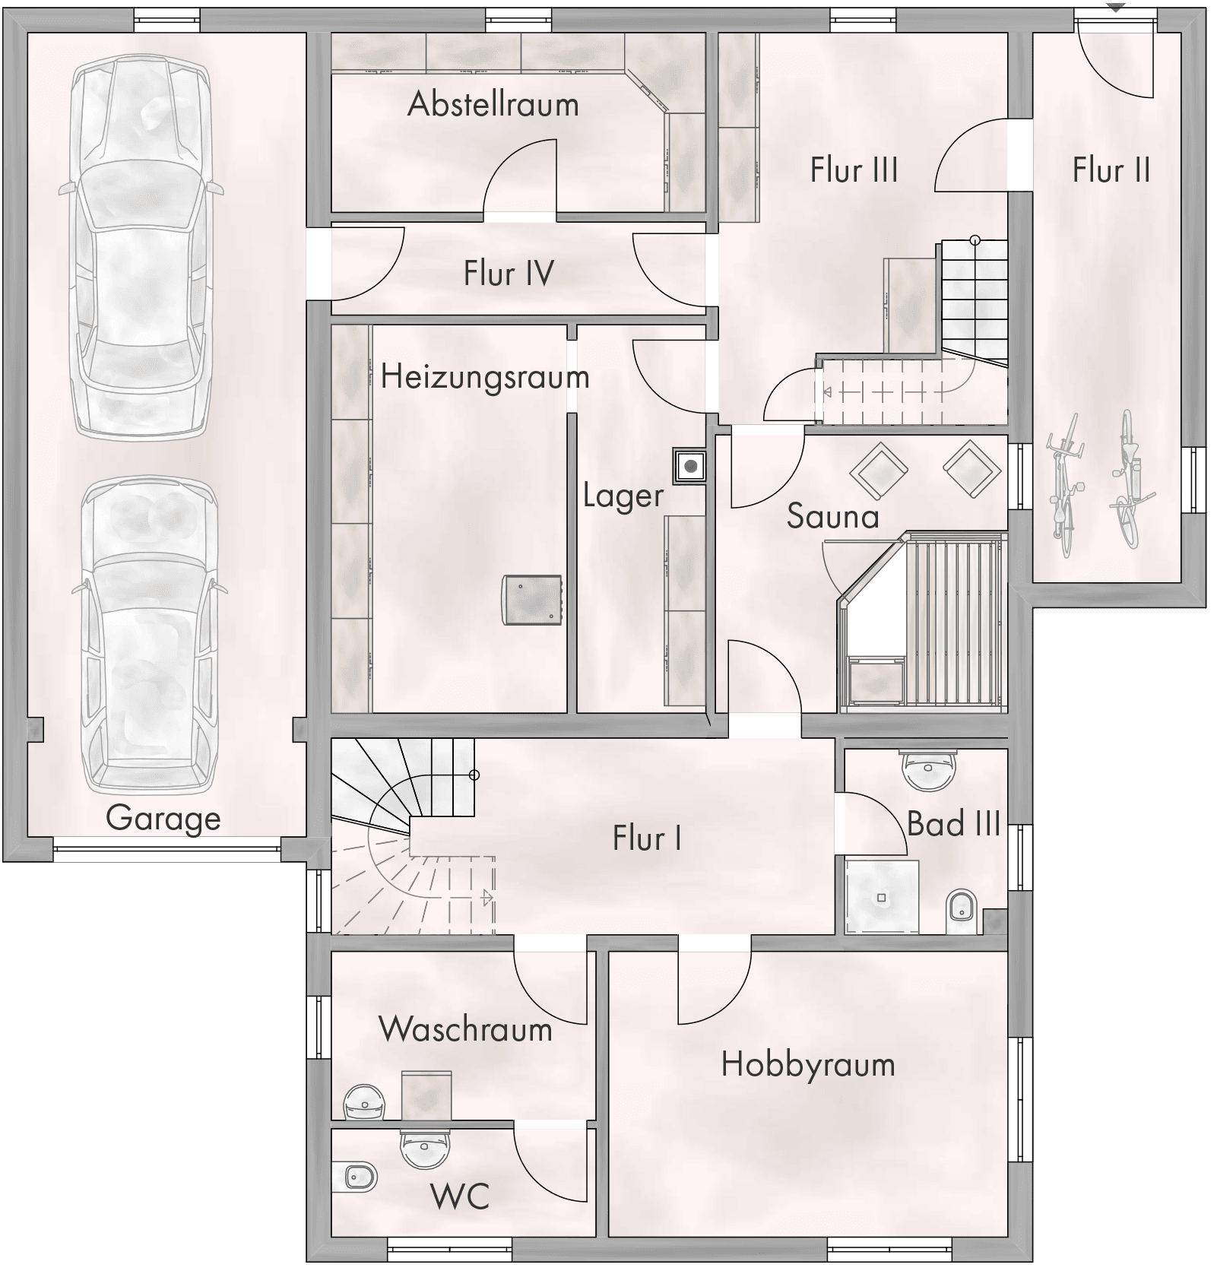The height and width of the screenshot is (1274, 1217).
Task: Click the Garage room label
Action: click(x=163, y=819)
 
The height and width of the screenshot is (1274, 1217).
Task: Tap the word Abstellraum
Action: click(x=493, y=104)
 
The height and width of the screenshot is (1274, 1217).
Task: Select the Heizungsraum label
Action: click(x=485, y=377)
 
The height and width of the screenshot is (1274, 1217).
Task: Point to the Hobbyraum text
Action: click(x=808, y=1065)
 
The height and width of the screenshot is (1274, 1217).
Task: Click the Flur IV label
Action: click(x=509, y=273)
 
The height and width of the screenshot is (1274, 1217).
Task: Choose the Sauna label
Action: click(x=832, y=516)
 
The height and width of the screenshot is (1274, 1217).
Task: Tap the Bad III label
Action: click(x=953, y=823)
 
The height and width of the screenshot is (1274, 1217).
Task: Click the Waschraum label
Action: click(x=465, y=1029)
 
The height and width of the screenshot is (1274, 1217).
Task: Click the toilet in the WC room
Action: click(x=354, y=1177)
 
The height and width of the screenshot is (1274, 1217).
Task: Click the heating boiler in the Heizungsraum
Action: click(x=532, y=601)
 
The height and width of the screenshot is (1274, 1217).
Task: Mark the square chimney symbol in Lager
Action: click(x=690, y=466)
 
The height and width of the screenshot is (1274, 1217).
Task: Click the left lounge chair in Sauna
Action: click(x=879, y=471)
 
